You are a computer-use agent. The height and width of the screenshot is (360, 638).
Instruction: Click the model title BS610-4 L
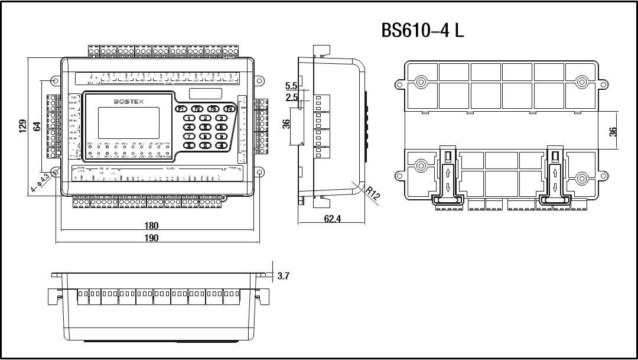coord(423,31)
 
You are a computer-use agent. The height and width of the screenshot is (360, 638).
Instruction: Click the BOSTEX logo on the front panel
coord(132,102)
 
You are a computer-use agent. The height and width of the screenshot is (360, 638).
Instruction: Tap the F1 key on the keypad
coord(181,109)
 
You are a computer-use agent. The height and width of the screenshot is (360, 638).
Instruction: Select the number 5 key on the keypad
coord(205,127)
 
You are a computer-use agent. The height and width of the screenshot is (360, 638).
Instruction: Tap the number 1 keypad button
coord(190,118)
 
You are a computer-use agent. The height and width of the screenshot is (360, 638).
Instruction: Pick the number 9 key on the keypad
coord(220,136)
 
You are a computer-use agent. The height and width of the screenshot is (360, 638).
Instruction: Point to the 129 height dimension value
coord(23,126)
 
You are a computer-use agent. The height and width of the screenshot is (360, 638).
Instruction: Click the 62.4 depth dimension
coord(333,219)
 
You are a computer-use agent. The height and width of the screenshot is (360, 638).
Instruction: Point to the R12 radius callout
coord(372,193)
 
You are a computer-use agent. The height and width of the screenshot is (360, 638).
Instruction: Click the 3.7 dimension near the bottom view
coord(283,275)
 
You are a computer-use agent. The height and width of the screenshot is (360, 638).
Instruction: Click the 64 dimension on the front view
coord(37,126)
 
